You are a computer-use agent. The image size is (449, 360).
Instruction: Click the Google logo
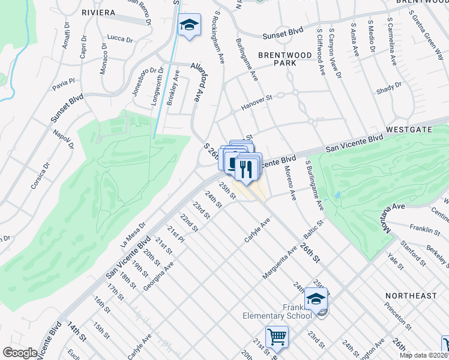pos(20,353)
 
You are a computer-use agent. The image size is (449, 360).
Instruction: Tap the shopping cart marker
pos(277,337)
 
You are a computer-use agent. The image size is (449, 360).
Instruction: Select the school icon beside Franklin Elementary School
pos(316,298)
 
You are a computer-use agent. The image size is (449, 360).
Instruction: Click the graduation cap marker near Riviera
pos(189,25)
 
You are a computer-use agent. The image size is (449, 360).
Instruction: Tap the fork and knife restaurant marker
pos(245,169)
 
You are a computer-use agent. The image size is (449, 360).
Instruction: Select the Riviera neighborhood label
pos(98,13)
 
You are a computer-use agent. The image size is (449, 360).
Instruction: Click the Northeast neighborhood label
pos(411,296)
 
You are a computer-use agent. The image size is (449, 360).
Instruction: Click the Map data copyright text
pos(424,355)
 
